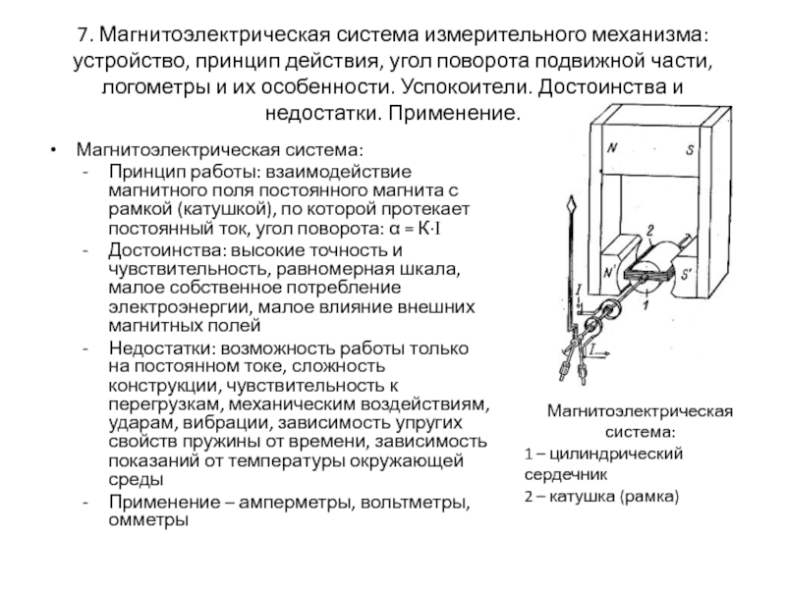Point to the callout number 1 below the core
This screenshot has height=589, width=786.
[x=644, y=308]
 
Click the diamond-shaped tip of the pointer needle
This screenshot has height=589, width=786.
[x=570, y=207]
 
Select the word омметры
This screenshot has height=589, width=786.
[x=147, y=519]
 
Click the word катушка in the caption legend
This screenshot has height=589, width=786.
[x=578, y=497]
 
